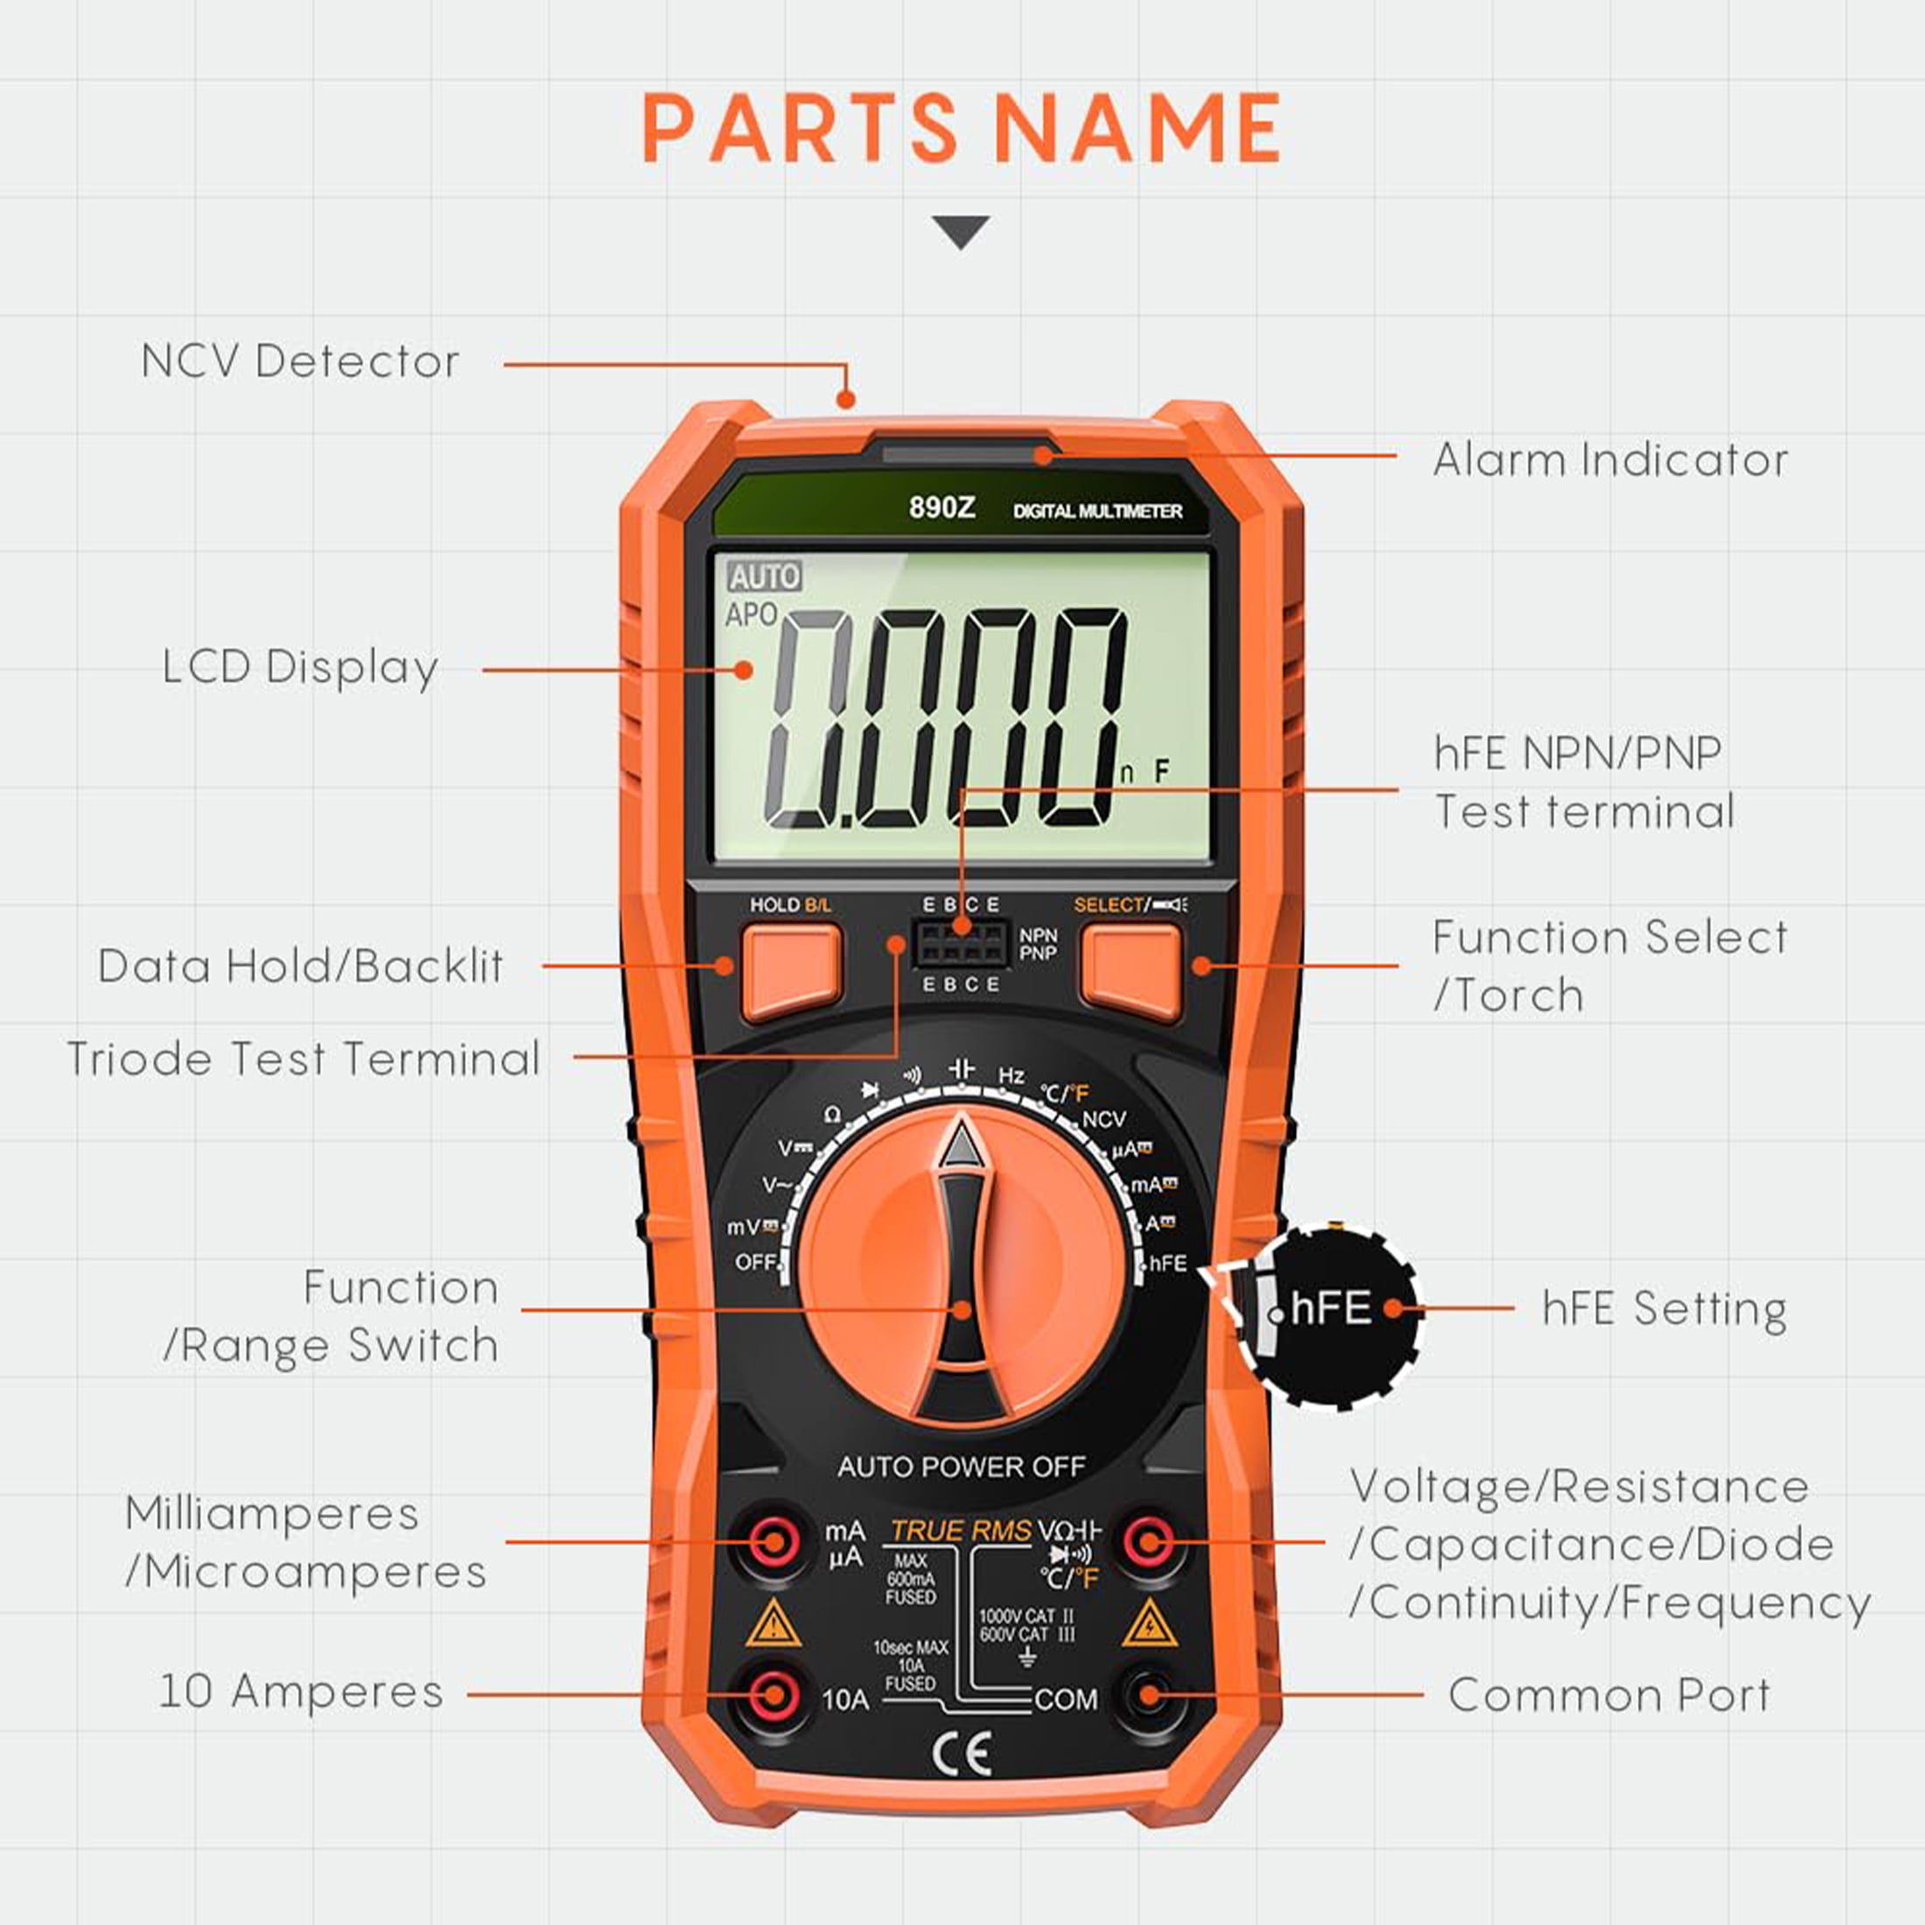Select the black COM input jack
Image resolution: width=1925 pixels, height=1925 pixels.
[1149, 1694]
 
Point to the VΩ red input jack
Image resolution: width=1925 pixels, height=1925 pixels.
[1149, 1543]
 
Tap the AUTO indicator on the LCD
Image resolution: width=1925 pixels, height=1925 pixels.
[764, 576]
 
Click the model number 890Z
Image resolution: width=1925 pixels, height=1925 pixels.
[941, 508]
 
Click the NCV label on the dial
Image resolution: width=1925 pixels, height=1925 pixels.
[1103, 1120]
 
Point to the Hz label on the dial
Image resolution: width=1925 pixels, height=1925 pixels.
[1011, 1076]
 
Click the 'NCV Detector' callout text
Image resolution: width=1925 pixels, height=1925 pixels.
[300, 361]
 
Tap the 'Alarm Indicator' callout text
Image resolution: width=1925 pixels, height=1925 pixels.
[1610, 460]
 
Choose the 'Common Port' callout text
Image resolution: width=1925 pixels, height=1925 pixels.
[1609, 1695]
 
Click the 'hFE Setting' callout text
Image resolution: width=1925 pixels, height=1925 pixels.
[1664, 1308]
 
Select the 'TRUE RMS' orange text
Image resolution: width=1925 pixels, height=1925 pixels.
[961, 1530]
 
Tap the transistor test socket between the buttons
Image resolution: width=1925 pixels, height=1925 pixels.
[961, 942]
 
